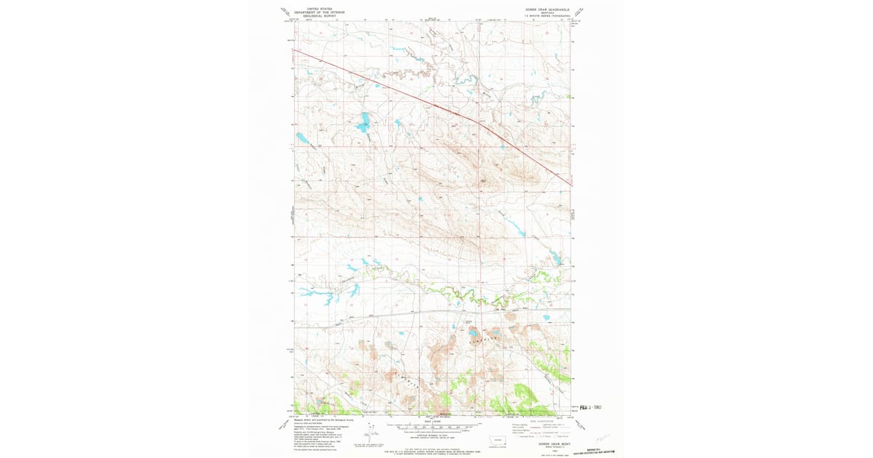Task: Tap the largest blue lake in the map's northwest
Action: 362,123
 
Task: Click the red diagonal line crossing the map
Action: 436,106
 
